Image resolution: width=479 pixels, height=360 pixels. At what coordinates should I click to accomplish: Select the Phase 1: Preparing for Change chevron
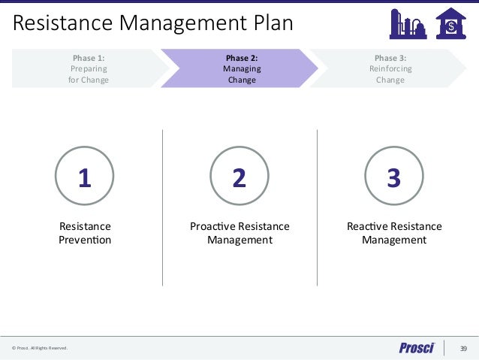[x=89, y=68]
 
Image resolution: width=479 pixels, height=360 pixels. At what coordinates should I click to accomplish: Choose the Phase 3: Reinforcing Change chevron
[x=390, y=68]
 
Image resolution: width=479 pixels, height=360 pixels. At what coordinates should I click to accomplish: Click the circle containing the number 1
[x=85, y=177]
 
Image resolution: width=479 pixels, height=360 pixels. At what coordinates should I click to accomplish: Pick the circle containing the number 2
[x=239, y=177]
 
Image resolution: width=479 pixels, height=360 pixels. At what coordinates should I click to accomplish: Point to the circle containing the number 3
[x=393, y=177]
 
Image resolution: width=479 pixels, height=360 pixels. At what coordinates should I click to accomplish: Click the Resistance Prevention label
[x=85, y=233]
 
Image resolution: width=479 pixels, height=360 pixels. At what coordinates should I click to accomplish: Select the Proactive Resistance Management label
[x=239, y=233]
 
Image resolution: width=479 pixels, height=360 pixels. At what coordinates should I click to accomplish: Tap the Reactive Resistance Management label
[x=394, y=233]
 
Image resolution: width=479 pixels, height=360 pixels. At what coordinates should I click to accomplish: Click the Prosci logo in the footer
[x=416, y=348]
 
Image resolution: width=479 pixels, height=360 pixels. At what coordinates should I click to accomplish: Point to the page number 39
[x=462, y=348]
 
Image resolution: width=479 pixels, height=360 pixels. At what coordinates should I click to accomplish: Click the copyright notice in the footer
[x=39, y=348]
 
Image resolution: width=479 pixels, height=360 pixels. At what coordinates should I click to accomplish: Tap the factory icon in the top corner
[x=408, y=23]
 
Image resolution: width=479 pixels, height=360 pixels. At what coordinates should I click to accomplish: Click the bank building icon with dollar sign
[x=450, y=23]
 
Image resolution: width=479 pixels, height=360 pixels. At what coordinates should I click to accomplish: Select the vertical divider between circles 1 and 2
[x=162, y=207]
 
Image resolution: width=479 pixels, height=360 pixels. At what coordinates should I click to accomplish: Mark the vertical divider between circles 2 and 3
[x=317, y=207]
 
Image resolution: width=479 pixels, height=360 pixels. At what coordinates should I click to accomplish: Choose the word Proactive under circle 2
[x=212, y=226]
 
